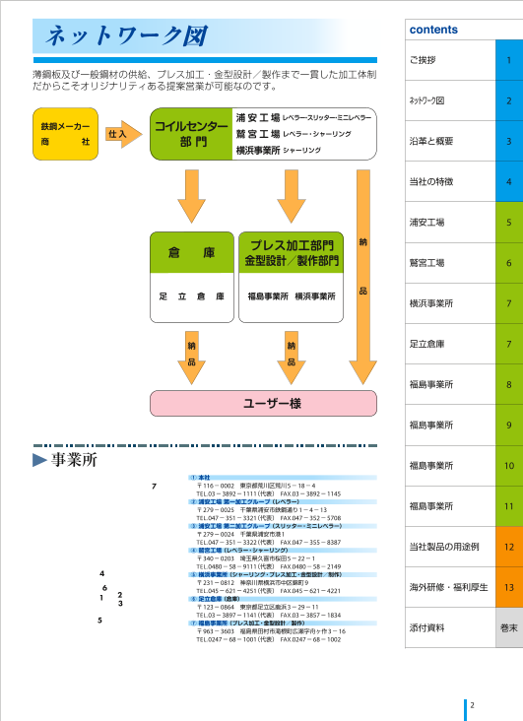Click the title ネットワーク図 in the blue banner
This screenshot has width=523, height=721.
pyautogui.click(x=122, y=37)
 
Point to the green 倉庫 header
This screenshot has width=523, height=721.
pyautogui.click(x=191, y=253)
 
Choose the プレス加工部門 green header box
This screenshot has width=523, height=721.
pyautogui.click(x=292, y=253)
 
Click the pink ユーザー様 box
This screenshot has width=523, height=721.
pyautogui.click(x=263, y=403)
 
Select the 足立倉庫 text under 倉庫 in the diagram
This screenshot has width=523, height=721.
pyautogui.click(x=191, y=295)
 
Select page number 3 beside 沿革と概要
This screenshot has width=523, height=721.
pyautogui.click(x=508, y=142)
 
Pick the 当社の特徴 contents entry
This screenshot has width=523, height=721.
pyautogui.click(x=432, y=182)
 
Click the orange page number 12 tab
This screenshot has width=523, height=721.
pyautogui.click(x=508, y=546)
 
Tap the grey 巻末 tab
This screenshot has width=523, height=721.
pyautogui.click(x=508, y=626)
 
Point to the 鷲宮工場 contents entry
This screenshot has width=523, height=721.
pyautogui.click(x=426, y=263)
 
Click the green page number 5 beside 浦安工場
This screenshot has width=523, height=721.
pyautogui.click(x=508, y=223)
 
